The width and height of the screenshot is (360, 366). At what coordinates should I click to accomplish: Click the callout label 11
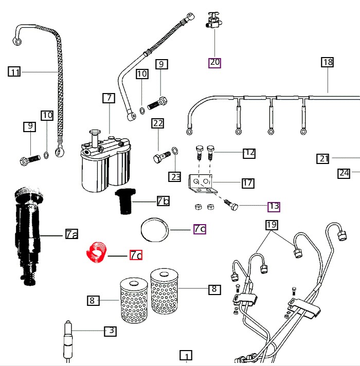click(14, 72)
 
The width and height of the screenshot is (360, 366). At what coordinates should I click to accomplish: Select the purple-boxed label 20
click(214, 62)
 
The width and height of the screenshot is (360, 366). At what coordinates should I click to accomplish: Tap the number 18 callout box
click(328, 62)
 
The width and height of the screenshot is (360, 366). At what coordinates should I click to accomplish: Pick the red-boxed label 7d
click(136, 254)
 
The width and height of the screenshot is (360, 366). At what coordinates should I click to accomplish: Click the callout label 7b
click(163, 201)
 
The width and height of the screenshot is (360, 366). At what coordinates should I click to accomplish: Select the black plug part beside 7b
click(123, 201)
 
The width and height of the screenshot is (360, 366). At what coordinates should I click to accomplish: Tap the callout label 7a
click(71, 235)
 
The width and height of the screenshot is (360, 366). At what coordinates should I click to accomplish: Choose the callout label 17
click(247, 182)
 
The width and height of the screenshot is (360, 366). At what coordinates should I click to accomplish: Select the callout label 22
click(157, 123)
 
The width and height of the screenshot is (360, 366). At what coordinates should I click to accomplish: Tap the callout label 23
click(176, 177)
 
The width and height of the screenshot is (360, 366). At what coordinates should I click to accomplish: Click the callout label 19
click(272, 225)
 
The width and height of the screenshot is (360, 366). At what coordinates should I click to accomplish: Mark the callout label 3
click(110, 331)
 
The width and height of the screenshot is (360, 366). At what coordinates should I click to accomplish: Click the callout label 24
click(344, 173)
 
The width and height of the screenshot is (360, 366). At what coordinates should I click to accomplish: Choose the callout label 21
click(323, 159)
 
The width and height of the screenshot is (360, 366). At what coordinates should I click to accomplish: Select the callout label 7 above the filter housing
click(109, 98)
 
